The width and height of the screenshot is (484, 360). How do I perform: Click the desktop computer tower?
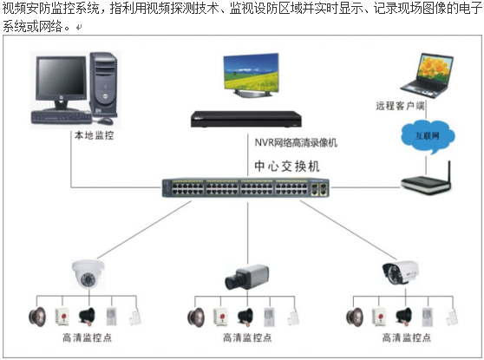[104, 85]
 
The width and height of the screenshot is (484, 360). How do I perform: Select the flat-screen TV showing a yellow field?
[251, 75]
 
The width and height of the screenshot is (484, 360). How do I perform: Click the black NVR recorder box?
[246, 119]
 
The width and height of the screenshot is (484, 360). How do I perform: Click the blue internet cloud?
[428, 136]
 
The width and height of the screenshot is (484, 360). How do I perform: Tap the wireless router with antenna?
[427, 181]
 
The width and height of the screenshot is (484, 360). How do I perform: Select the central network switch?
[245, 187]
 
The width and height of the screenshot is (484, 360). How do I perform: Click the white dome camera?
[88, 274]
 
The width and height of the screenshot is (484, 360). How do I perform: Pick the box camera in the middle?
[246, 277]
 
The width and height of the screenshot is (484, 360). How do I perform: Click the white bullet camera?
[401, 272]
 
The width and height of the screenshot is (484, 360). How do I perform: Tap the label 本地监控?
[95, 135]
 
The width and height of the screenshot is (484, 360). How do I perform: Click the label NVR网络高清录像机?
[296, 142]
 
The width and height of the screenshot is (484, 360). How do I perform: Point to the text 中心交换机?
[287, 166]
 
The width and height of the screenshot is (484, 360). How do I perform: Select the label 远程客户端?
[400, 106]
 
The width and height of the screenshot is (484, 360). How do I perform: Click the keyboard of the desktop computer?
[62, 118]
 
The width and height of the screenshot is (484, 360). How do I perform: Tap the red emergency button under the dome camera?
[63, 317]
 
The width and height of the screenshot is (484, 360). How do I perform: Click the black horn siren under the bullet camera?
[404, 317]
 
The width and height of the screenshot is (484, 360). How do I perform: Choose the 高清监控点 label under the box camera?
[247, 337]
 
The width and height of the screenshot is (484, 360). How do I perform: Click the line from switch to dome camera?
[145, 230]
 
